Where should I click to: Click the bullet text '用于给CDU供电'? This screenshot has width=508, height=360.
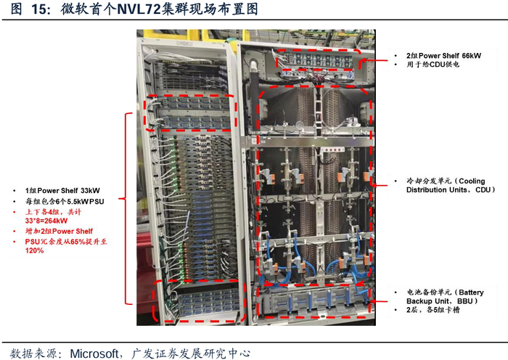point(429,65)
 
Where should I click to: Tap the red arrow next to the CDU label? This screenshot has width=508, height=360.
point(377,184)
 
